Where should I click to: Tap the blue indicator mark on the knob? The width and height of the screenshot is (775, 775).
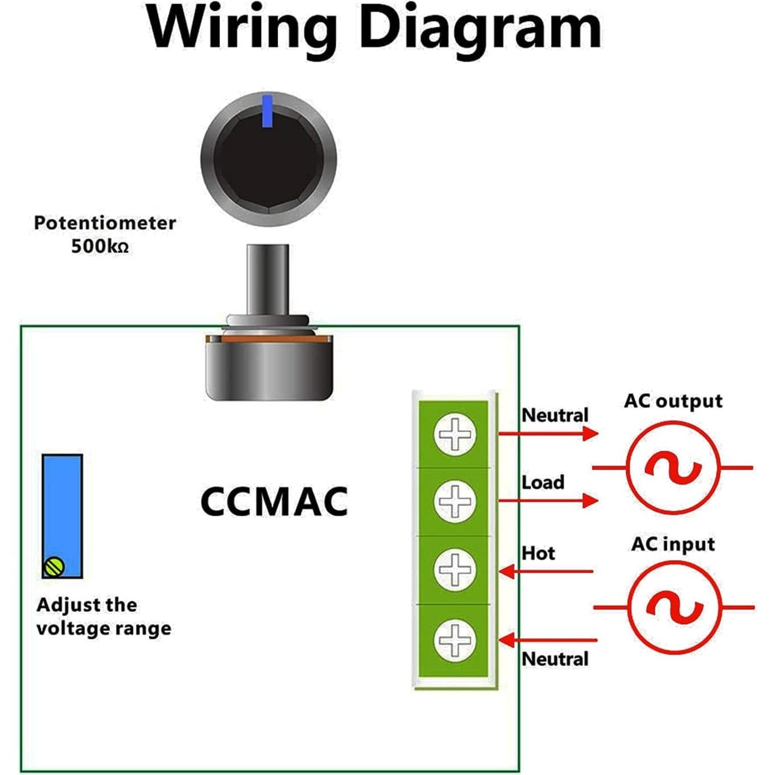coord(267,112)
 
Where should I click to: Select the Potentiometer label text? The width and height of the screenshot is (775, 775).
coord(105,223)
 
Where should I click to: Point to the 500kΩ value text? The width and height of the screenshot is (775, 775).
coord(100,247)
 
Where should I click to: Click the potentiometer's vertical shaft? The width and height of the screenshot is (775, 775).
coord(268,279)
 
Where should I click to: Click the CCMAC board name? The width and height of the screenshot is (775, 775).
coord(274,501)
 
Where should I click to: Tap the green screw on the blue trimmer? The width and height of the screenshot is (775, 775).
coord(54,566)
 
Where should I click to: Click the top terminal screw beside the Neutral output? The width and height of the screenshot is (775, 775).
coord(455,434)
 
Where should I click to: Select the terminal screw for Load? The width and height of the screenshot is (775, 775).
coord(455,501)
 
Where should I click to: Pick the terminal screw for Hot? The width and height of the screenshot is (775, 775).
coord(455,569)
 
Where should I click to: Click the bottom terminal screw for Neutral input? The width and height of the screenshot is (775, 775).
coord(455,640)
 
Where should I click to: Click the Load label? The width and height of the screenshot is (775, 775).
coord(543,483)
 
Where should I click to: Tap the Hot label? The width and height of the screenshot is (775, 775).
coord(538,553)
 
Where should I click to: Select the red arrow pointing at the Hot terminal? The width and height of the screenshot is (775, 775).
coord(545,571)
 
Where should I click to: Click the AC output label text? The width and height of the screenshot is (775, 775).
coord(673,401)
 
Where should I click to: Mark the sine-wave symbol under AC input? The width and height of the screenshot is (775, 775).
coord(674,607)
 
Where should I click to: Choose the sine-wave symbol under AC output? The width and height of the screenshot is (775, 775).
coord(673,468)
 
